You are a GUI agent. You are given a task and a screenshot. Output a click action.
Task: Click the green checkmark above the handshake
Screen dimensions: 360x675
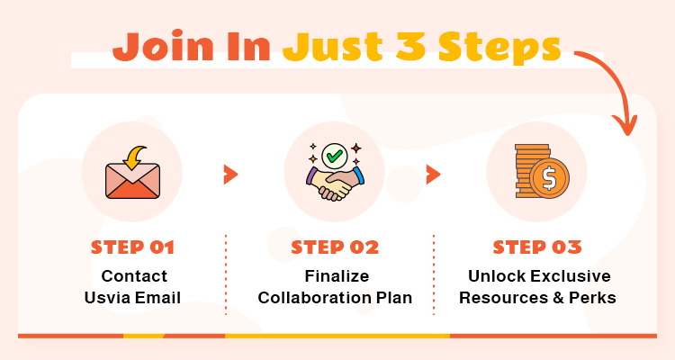coord(334,155)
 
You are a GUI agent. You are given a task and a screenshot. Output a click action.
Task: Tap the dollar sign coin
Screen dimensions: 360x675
coord(547,179)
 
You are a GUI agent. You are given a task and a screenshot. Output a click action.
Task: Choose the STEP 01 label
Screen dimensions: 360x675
coord(132,247)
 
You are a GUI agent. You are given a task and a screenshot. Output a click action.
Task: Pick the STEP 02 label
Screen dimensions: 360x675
coord(335,247)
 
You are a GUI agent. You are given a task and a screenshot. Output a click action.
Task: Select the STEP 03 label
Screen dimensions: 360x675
coord(537,247)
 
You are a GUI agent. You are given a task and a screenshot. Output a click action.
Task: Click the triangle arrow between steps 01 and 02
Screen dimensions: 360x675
coord(231,174)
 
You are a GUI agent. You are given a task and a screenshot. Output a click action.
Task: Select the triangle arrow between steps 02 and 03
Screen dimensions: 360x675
coord(433,174)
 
